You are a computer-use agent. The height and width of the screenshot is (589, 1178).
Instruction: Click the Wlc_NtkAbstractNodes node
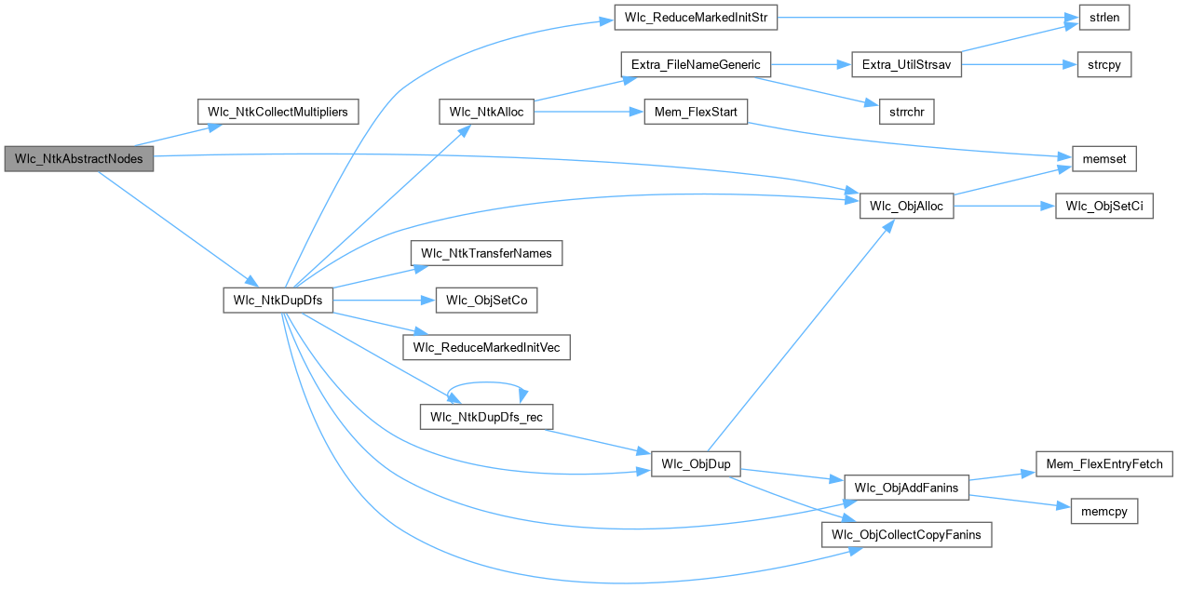79,158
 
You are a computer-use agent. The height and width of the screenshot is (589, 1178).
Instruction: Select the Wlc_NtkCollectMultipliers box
278,112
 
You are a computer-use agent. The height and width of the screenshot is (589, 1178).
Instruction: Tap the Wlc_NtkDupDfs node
278,300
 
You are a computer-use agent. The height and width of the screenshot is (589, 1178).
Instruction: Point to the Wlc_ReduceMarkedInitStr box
695,17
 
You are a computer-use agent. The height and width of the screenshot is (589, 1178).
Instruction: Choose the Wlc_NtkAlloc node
486,112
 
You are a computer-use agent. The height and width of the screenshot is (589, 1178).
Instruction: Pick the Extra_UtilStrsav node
907,65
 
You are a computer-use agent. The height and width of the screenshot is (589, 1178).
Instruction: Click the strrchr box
906,112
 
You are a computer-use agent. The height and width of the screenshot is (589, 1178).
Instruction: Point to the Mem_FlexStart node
697,112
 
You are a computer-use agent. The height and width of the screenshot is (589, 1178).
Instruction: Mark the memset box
1104,159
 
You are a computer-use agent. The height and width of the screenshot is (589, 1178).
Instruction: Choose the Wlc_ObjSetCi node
1104,207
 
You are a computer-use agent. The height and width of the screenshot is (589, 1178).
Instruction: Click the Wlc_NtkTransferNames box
486,253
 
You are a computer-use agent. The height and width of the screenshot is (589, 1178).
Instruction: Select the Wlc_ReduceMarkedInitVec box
486,347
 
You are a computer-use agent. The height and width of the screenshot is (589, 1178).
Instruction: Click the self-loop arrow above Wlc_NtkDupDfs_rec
486,382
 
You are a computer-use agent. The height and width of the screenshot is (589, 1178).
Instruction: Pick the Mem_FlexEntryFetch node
1104,463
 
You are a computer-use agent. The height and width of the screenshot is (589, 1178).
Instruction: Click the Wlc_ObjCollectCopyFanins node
906,535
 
